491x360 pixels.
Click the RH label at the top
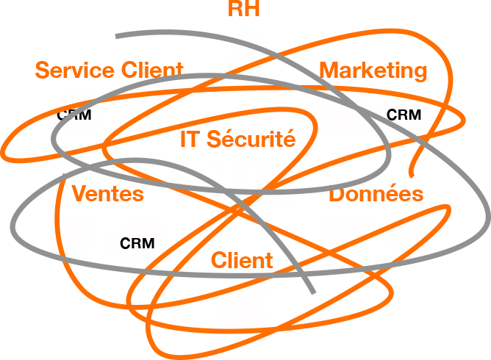point(245,9)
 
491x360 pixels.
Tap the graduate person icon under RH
point(245,53)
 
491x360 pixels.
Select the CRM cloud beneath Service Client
point(74,114)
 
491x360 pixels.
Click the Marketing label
point(373,71)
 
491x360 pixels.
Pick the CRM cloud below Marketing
point(404,115)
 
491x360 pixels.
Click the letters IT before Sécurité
point(190,139)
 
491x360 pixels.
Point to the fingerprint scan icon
point(198,184)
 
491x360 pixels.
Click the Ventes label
point(108,195)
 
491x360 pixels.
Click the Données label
point(376,195)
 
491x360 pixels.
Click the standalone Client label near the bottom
point(242,260)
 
